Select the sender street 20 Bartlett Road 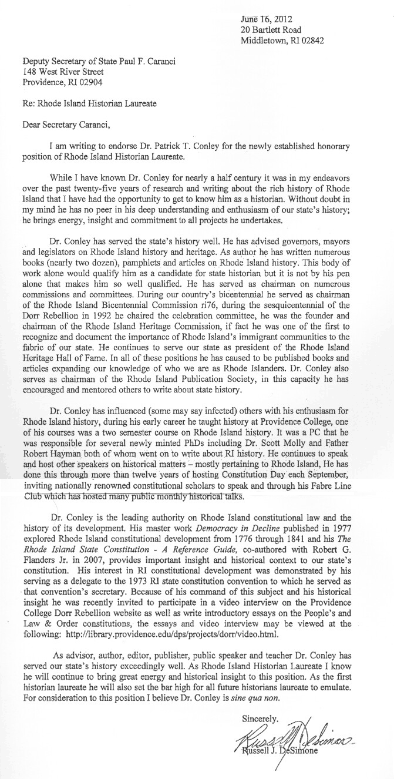[x=271, y=29]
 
